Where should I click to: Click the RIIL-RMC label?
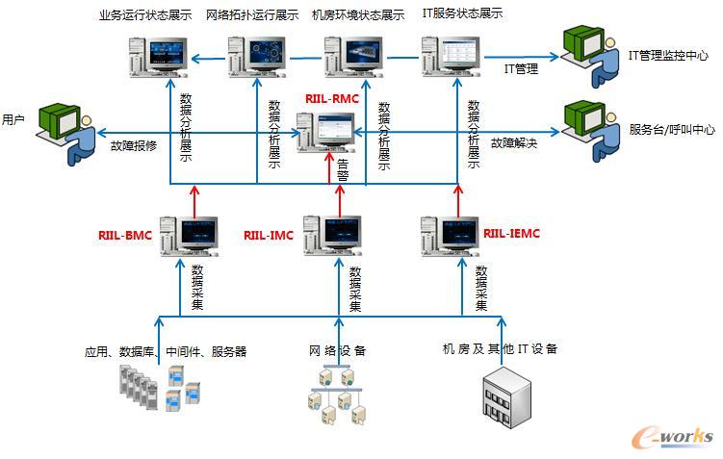tap(331, 98)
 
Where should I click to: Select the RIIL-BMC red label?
tap(124, 234)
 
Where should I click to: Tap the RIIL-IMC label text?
tap(268, 234)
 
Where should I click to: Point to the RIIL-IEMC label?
tap(511, 233)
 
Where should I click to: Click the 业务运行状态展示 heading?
tap(144, 15)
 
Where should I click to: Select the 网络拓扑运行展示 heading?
tap(251, 15)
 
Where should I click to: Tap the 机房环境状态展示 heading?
tap(357, 15)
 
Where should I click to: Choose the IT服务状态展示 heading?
tap(462, 14)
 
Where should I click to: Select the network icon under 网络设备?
tap(337, 395)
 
